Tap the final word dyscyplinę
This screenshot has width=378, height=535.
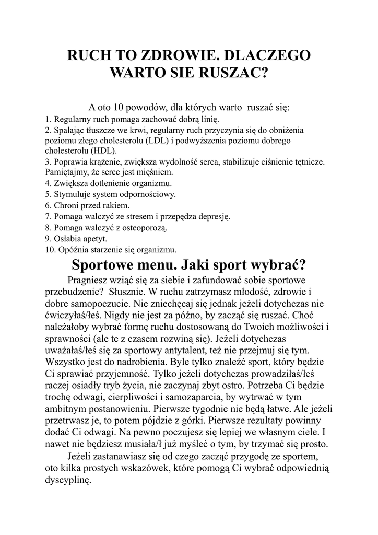(x=68, y=479)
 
